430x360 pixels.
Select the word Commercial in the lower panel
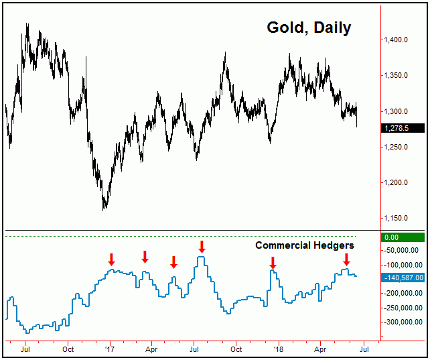[x=284, y=246]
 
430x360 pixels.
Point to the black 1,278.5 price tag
[x=402, y=127]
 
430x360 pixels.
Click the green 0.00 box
[x=402, y=237]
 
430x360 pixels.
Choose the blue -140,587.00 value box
[x=402, y=277]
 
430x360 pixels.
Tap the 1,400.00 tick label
[x=396, y=40]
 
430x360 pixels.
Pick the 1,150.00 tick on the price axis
[x=396, y=218]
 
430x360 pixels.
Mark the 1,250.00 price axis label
[x=396, y=147]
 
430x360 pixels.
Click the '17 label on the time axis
[x=110, y=349]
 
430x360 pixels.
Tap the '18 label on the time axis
[x=277, y=349]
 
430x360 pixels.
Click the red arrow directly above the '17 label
[x=112, y=259]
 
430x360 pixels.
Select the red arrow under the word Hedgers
[x=346, y=259]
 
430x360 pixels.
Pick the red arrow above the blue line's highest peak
[x=202, y=247]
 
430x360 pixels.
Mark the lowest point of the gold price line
[x=104, y=209]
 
